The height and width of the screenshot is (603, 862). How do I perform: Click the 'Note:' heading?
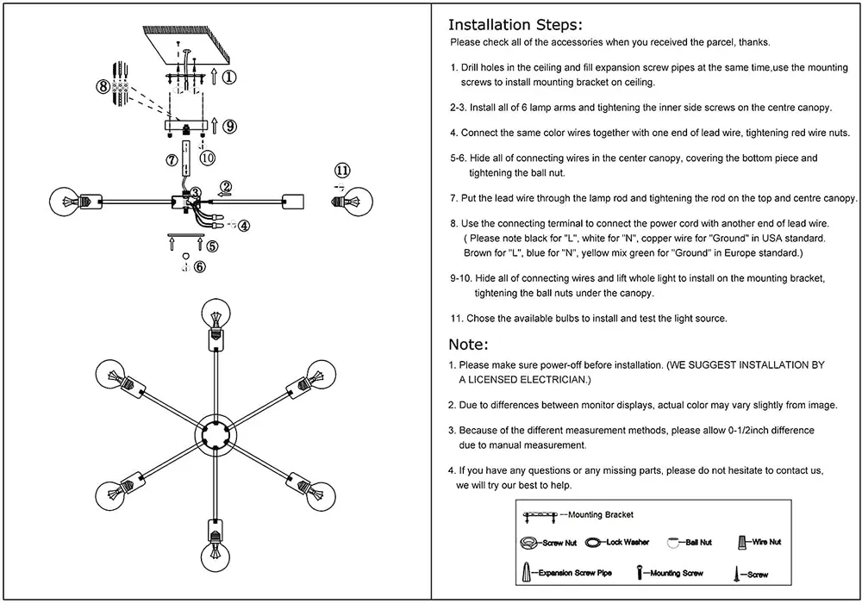pos(469,345)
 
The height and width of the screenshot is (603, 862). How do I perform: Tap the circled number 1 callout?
pos(229,77)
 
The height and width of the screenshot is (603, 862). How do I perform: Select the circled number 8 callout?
pos(103,86)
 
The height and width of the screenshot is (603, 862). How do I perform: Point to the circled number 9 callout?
pos(229,127)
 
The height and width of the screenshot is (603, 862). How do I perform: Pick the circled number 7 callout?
pos(172,159)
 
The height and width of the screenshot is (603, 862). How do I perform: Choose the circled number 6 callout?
pos(200,267)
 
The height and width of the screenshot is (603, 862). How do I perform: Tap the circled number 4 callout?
pos(244,227)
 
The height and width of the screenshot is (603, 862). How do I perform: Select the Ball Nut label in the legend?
pos(699,543)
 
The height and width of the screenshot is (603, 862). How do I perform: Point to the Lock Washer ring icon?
pos(594,543)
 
